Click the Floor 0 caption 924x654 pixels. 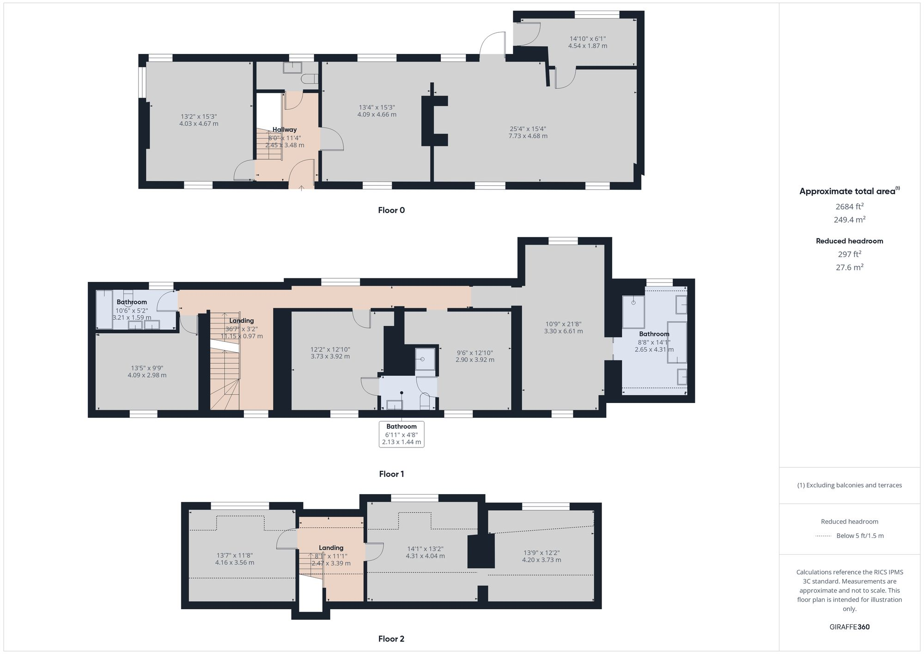391,210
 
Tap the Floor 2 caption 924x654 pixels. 391,639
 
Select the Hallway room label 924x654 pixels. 285,130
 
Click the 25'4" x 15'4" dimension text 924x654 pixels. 528,129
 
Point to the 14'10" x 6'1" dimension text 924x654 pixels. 588,39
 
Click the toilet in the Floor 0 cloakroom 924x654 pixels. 309,79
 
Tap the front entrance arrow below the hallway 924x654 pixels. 302,187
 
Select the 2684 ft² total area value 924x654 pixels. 849,207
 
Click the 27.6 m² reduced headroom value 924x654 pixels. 849,267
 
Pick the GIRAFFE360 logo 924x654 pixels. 849,627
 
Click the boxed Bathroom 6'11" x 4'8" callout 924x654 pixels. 401,434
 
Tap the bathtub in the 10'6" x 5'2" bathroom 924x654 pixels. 104,309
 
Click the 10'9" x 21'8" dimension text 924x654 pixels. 563,324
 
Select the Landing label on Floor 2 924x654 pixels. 331,548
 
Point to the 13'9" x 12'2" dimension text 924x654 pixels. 542,553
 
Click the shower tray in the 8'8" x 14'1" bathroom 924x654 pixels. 633,311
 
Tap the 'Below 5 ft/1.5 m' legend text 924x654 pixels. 860,536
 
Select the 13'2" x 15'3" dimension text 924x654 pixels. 199,117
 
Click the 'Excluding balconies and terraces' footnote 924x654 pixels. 849,485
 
